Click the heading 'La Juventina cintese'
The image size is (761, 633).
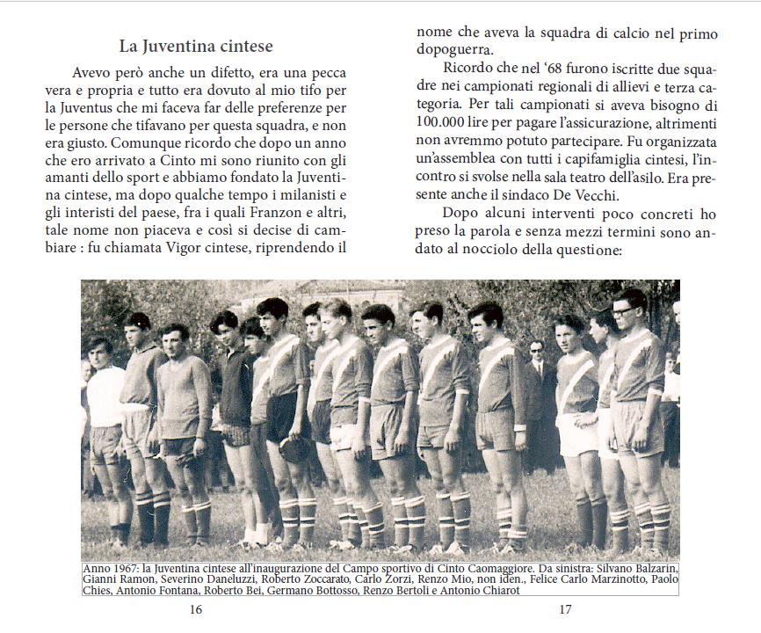coord(196,46)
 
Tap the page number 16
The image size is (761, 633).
coord(196,608)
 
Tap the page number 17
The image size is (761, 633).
coord(565,608)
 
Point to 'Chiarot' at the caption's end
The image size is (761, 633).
coord(495,590)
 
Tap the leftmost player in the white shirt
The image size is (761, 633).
coord(104,387)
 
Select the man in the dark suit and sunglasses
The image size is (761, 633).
coord(539,378)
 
